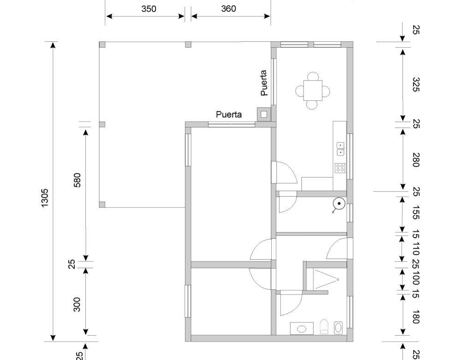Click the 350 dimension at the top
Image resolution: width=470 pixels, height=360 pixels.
[x=149, y=9]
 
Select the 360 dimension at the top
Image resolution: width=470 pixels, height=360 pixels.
[x=229, y=9]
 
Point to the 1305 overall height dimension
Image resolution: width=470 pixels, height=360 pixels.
[x=45, y=198]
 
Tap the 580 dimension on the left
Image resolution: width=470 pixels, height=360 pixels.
[x=77, y=180]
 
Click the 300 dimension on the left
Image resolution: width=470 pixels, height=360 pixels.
[x=77, y=305]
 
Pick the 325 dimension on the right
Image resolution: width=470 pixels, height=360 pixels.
[x=416, y=85]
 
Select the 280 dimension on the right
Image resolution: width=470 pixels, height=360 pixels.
[x=416, y=160]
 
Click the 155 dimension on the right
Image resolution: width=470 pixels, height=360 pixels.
[x=416, y=212]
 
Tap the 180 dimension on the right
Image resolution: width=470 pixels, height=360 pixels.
[x=416, y=317]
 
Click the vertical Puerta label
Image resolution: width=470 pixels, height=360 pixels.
[x=264, y=83]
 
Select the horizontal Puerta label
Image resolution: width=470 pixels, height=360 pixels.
[x=229, y=114]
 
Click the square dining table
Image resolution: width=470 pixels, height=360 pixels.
[x=313, y=90]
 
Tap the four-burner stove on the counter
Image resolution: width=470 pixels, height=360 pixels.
[x=340, y=168]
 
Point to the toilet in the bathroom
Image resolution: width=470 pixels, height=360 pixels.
[x=324, y=327]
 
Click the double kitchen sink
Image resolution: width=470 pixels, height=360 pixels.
[x=341, y=149]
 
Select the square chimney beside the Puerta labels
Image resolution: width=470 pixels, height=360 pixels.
[x=264, y=114]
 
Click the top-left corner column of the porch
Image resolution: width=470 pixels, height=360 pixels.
[x=102, y=44]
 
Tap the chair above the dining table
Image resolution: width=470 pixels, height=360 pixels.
[x=313, y=76]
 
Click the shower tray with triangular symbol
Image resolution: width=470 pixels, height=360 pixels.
[x=326, y=280]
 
